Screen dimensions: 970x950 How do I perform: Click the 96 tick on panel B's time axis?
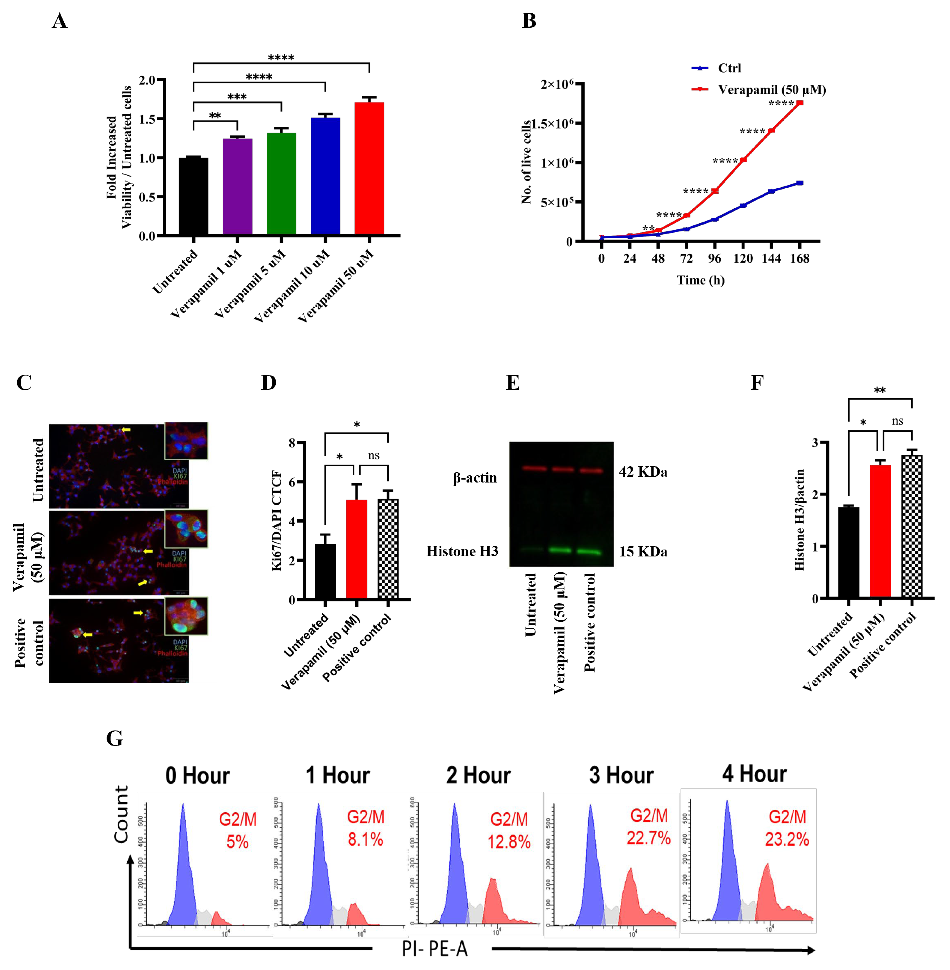[x=715, y=258]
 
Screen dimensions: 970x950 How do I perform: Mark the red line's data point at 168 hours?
[x=800, y=103]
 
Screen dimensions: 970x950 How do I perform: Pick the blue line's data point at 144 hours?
[x=771, y=191]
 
